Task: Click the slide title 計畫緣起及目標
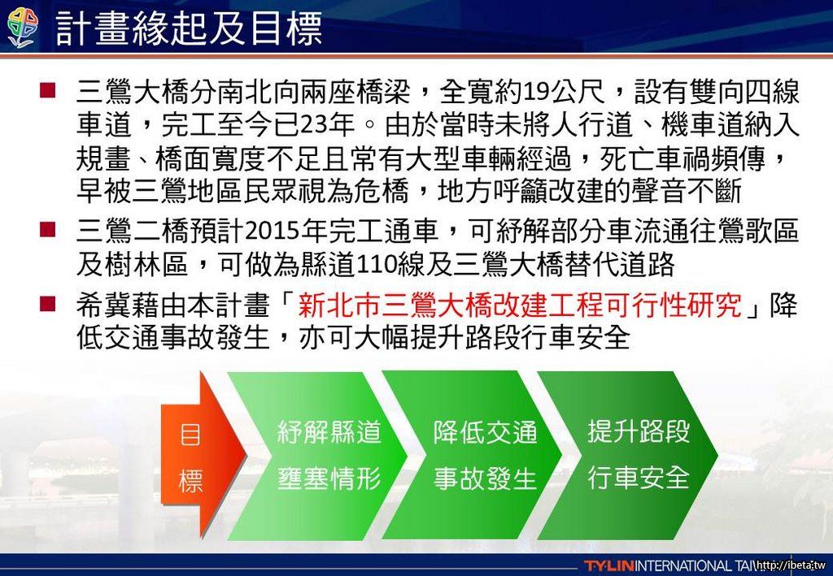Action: (189, 28)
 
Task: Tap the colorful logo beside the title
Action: (23, 28)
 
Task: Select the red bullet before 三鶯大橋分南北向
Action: (47, 90)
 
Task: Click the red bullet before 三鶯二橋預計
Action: (47, 230)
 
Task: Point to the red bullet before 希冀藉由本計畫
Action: (47, 304)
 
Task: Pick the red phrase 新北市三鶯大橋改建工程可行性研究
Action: (520, 305)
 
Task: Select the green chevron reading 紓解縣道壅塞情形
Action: (318, 456)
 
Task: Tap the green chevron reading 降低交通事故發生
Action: (473, 456)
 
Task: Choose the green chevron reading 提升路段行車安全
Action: (628, 456)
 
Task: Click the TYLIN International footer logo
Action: (669, 565)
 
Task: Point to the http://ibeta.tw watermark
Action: (792, 565)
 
